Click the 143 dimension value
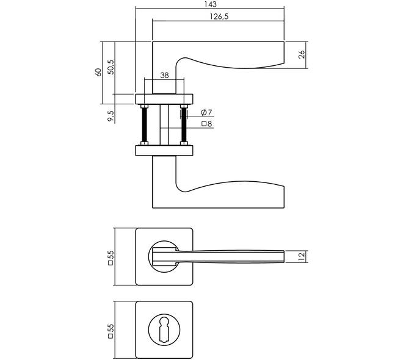(x=211, y=4)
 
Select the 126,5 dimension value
(x=219, y=16)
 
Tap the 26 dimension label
(x=302, y=54)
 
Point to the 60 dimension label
(x=98, y=72)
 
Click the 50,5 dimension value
(x=111, y=67)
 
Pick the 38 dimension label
(x=164, y=75)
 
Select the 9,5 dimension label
(x=111, y=116)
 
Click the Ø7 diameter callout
(x=206, y=112)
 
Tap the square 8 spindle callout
(x=207, y=124)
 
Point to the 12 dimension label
(x=302, y=256)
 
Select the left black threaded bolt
(x=145, y=125)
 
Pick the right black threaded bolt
(x=184, y=125)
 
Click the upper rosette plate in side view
(x=164, y=99)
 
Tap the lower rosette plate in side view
(x=164, y=151)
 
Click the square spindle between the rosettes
(x=164, y=125)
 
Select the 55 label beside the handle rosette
(x=111, y=258)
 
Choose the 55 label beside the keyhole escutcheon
(x=111, y=331)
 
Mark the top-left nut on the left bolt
(x=145, y=106)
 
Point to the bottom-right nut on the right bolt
(x=184, y=143)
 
